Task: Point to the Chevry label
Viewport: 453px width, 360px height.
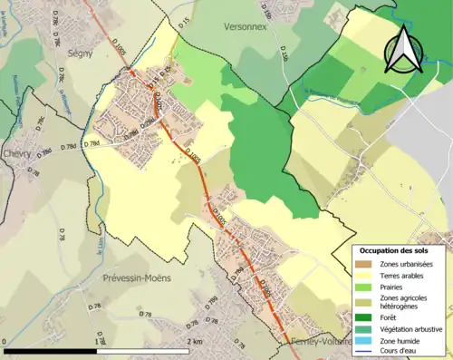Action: [x=17, y=153]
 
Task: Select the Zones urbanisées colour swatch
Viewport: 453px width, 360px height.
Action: [x=362, y=264]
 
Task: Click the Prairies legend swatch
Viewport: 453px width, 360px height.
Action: [x=362, y=287]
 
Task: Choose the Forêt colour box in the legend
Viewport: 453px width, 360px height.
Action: [x=362, y=316]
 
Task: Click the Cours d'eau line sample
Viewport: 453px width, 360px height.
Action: [x=362, y=351]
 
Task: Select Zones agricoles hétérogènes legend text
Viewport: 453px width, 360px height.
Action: [x=406, y=302]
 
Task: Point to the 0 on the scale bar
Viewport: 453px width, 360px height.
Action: [x=5, y=343]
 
